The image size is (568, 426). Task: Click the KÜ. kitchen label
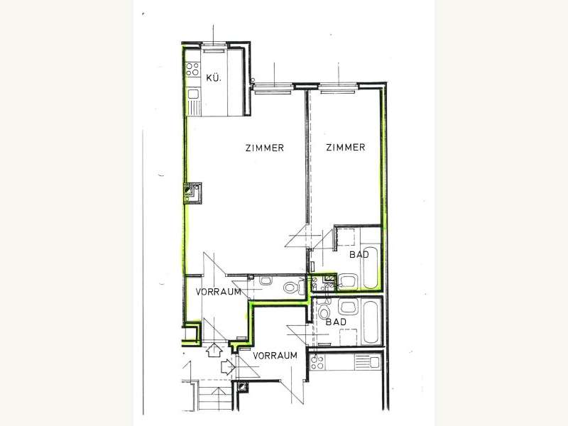tap(214, 78)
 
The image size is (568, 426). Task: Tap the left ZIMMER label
tap(264, 148)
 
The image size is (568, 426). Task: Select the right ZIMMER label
tap(346, 147)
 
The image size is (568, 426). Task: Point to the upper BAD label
tap(359, 254)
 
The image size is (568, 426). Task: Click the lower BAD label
tap(336, 322)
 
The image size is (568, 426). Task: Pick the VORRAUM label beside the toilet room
tap(219, 292)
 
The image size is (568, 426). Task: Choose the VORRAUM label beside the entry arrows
tap(275, 356)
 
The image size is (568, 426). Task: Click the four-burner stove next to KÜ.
tap(192, 69)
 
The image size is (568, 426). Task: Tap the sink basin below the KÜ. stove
tap(192, 94)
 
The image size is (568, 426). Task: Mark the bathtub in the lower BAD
tap(371, 321)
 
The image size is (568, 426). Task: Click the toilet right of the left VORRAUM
tap(292, 288)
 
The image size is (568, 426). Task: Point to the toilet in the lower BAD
tap(324, 311)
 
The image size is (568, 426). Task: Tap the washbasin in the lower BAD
tap(348, 307)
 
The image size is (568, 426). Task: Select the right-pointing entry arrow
tap(228, 366)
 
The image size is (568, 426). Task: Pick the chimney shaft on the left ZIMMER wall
tap(192, 193)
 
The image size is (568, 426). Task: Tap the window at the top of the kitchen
tap(214, 45)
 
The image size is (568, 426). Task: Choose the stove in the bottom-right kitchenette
tap(317, 362)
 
